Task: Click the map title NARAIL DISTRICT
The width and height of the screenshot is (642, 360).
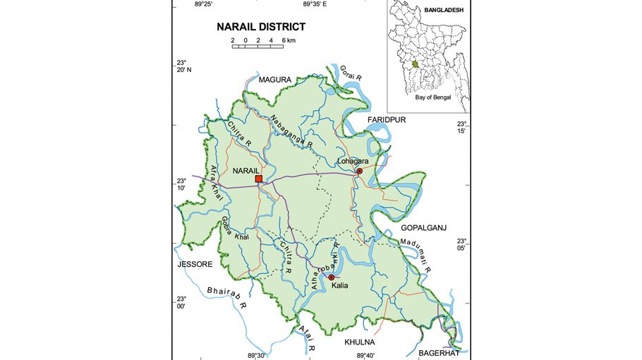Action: pyautogui.click(x=261, y=27)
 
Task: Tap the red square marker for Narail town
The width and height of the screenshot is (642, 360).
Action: pyautogui.click(x=259, y=179)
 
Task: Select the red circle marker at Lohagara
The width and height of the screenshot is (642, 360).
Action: pyautogui.click(x=358, y=171)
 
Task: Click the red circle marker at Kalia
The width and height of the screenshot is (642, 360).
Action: pyautogui.click(x=331, y=277)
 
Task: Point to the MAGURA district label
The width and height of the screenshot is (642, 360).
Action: pyautogui.click(x=274, y=80)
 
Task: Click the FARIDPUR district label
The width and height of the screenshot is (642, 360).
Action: pyautogui.click(x=387, y=120)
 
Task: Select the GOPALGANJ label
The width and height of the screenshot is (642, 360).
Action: pyautogui.click(x=424, y=228)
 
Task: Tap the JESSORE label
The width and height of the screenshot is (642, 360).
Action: pyautogui.click(x=194, y=264)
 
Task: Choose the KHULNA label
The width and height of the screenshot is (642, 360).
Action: pyautogui.click(x=359, y=342)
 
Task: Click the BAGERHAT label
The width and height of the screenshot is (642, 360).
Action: pyautogui.click(x=440, y=352)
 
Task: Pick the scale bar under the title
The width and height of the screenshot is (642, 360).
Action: pyautogui.click(x=258, y=42)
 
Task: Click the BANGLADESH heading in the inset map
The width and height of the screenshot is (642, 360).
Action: pyautogui.click(x=443, y=11)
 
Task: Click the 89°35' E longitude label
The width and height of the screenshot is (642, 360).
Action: pyautogui.click(x=315, y=4)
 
